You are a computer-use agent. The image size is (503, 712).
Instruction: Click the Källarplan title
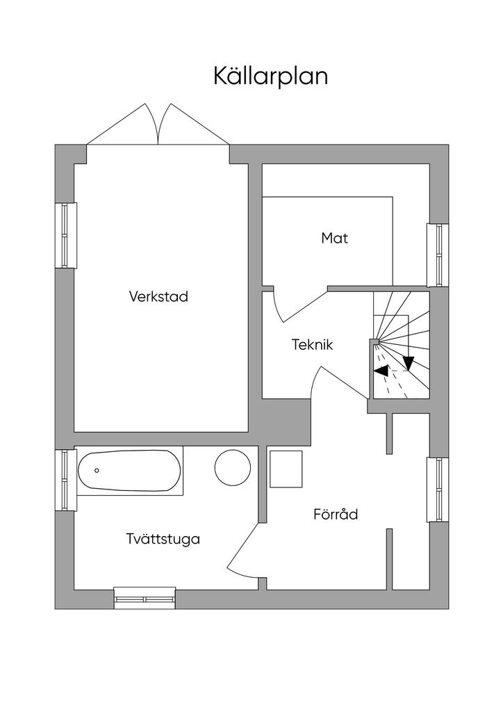[271, 76]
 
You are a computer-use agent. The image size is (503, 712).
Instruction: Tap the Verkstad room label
[158, 296]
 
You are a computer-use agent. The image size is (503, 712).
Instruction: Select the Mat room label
[335, 238]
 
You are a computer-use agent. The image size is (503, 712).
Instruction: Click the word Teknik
[312, 345]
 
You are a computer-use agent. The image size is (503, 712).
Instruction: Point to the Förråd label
[336, 514]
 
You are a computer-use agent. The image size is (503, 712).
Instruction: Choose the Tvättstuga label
[163, 539]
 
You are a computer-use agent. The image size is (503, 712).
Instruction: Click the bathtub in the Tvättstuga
[129, 471]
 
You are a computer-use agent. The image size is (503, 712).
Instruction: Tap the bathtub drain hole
[97, 471]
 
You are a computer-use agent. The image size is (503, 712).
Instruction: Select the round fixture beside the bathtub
[233, 468]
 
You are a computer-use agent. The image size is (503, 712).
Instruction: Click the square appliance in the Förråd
[286, 469]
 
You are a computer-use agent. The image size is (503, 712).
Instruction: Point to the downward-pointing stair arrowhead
[409, 363]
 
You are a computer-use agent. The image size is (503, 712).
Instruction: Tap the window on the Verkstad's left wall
[66, 235]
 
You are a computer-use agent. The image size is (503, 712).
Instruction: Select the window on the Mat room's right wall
[438, 255]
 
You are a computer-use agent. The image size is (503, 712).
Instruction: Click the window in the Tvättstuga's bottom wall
[145, 597]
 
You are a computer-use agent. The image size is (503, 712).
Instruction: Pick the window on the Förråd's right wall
[438, 490]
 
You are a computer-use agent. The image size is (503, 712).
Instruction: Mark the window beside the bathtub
[66, 480]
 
